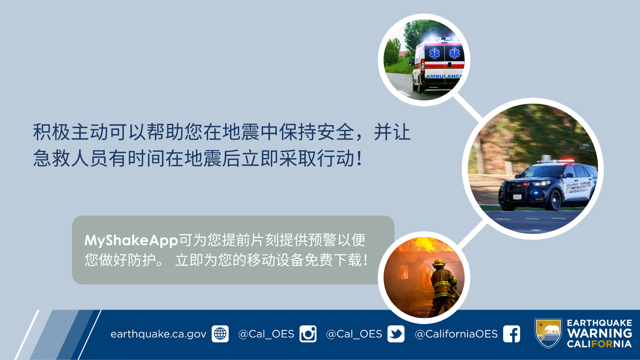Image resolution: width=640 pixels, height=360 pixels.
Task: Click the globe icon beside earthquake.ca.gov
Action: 220,334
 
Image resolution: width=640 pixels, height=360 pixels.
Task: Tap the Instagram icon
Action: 308,334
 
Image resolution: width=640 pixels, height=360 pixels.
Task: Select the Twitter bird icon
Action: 396,334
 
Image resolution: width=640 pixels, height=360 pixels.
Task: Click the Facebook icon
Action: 512,334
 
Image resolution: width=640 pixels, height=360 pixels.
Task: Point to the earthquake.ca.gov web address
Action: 158,334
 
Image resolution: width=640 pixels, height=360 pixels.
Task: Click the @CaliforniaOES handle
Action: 456,334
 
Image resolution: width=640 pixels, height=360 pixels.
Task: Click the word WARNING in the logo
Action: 600,333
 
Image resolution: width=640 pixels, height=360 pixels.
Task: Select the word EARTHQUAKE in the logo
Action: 600,323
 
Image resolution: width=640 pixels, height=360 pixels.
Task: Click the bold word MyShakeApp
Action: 131,240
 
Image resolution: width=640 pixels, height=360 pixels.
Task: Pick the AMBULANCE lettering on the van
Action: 444,76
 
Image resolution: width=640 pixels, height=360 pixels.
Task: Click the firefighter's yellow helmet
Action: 438,262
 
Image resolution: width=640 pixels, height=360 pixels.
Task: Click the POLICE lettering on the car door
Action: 578,186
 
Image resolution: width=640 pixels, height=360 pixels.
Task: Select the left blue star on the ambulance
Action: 434,54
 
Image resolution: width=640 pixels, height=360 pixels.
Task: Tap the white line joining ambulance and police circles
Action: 468,106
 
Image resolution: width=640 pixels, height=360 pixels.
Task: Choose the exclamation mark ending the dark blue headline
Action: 360,158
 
